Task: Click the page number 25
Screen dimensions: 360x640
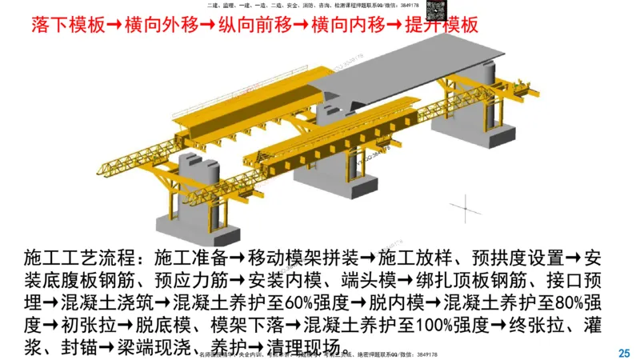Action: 625,352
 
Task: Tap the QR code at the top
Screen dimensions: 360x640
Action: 436,11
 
